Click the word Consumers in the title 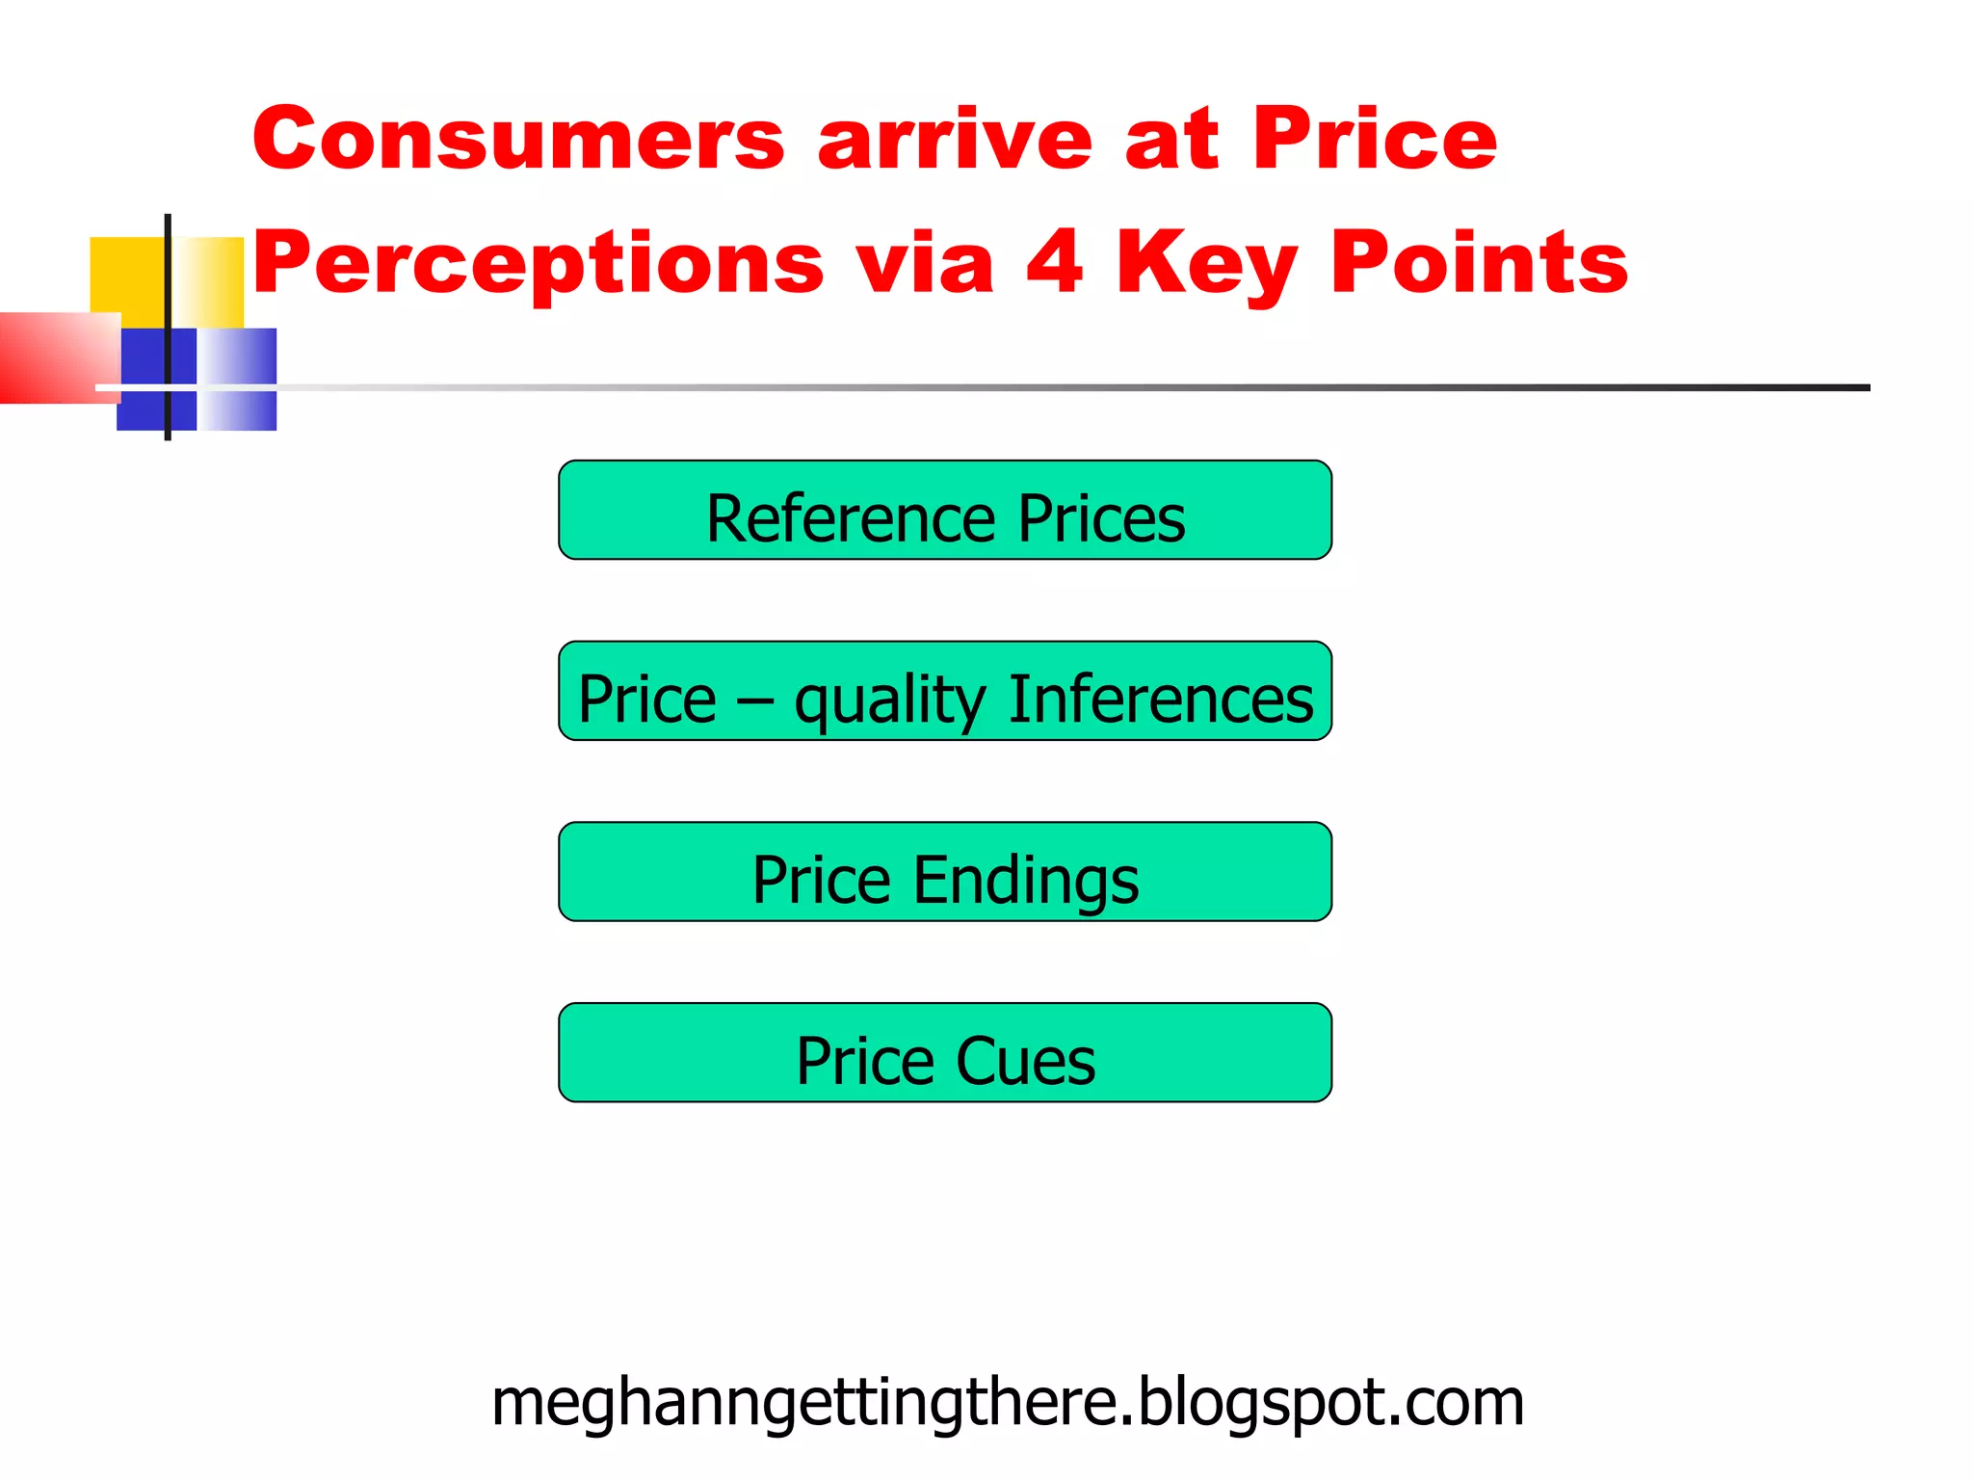[x=518, y=140]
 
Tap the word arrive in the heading [x=954, y=140]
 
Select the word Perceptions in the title [x=539, y=263]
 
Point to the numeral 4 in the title [x=1054, y=261]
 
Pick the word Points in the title [x=1479, y=261]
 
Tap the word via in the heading [x=925, y=263]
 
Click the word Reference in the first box [x=851, y=519]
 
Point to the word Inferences [x=1160, y=700]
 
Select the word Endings [x=1025, y=881]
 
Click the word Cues [x=1025, y=1062]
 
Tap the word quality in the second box [x=890, y=701]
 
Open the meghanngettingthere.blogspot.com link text [x=1008, y=1403]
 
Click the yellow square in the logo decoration [x=127, y=275]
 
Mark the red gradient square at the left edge [x=58, y=357]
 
